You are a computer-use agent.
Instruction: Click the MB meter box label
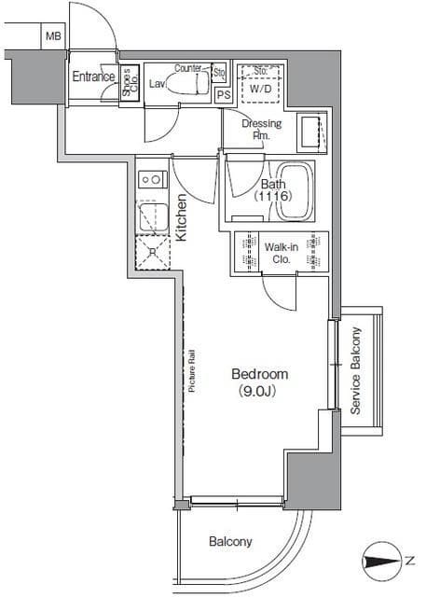53,36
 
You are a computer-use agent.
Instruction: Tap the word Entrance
93,76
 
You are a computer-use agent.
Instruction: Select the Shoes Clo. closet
130,83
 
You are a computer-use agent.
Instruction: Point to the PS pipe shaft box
224,94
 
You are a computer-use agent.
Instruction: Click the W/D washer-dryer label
261,90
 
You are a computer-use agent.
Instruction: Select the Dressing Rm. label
262,129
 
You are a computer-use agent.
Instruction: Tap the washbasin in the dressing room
311,132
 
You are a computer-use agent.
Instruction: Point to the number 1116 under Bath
273,196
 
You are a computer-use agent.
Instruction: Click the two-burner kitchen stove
153,179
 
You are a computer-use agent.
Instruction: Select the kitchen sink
153,217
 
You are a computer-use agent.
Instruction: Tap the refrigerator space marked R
153,253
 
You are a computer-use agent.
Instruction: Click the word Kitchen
181,217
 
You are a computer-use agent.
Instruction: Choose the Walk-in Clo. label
282,253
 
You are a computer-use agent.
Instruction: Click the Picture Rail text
192,371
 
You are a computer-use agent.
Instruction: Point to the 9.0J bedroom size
257,391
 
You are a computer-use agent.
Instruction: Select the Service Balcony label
355,370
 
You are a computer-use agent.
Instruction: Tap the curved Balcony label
230,542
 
